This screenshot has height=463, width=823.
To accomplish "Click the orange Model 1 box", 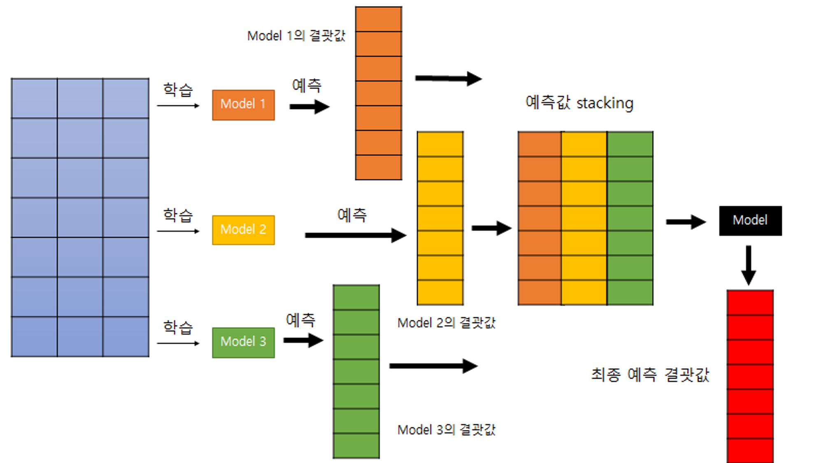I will [x=243, y=105].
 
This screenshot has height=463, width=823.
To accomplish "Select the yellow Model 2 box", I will [x=243, y=230].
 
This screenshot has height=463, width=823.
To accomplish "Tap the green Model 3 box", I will [x=243, y=342].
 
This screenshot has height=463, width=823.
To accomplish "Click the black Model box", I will [x=750, y=221].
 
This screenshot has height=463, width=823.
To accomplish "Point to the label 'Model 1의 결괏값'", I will [x=296, y=36].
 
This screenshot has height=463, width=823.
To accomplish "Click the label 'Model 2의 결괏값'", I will [x=446, y=323].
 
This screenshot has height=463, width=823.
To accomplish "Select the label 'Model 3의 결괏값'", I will [x=446, y=430].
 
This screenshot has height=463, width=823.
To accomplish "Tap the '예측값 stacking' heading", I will [x=579, y=103].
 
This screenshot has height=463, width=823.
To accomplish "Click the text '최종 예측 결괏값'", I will [x=650, y=375].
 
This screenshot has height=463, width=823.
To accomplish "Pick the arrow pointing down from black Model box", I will [x=749, y=265].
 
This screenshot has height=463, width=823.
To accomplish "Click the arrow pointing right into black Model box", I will [x=686, y=222].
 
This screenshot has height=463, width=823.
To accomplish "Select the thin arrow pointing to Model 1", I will [x=178, y=106].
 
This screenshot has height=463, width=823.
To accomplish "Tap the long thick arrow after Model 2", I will [x=355, y=235].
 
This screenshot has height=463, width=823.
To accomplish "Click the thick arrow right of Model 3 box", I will [x=303, y=340].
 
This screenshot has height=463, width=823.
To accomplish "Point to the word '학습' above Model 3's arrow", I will [x=178, y=327].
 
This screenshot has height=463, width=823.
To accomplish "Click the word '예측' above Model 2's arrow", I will [x=352, y=215].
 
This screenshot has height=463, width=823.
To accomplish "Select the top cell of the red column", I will [x=750, y=302].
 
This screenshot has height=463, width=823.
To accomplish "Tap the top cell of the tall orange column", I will [x=379, y=19].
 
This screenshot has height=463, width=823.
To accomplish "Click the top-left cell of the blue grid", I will [x=34, y=98].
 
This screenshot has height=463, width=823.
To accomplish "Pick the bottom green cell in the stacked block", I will [x=630, y=293].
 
